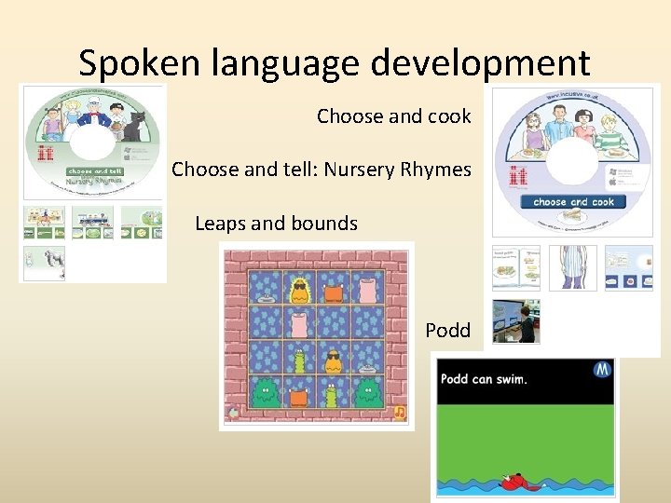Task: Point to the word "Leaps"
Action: tap(220, 224)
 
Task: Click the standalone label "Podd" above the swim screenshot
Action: tap(447, 331)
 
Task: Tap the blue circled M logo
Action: tap(602, 370)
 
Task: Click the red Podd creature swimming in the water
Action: tap(512, 482)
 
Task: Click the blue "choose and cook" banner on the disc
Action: tap(573, 201)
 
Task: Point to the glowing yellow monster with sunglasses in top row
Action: tap(300, 291)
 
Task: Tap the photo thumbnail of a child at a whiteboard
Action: tap(515, 320)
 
